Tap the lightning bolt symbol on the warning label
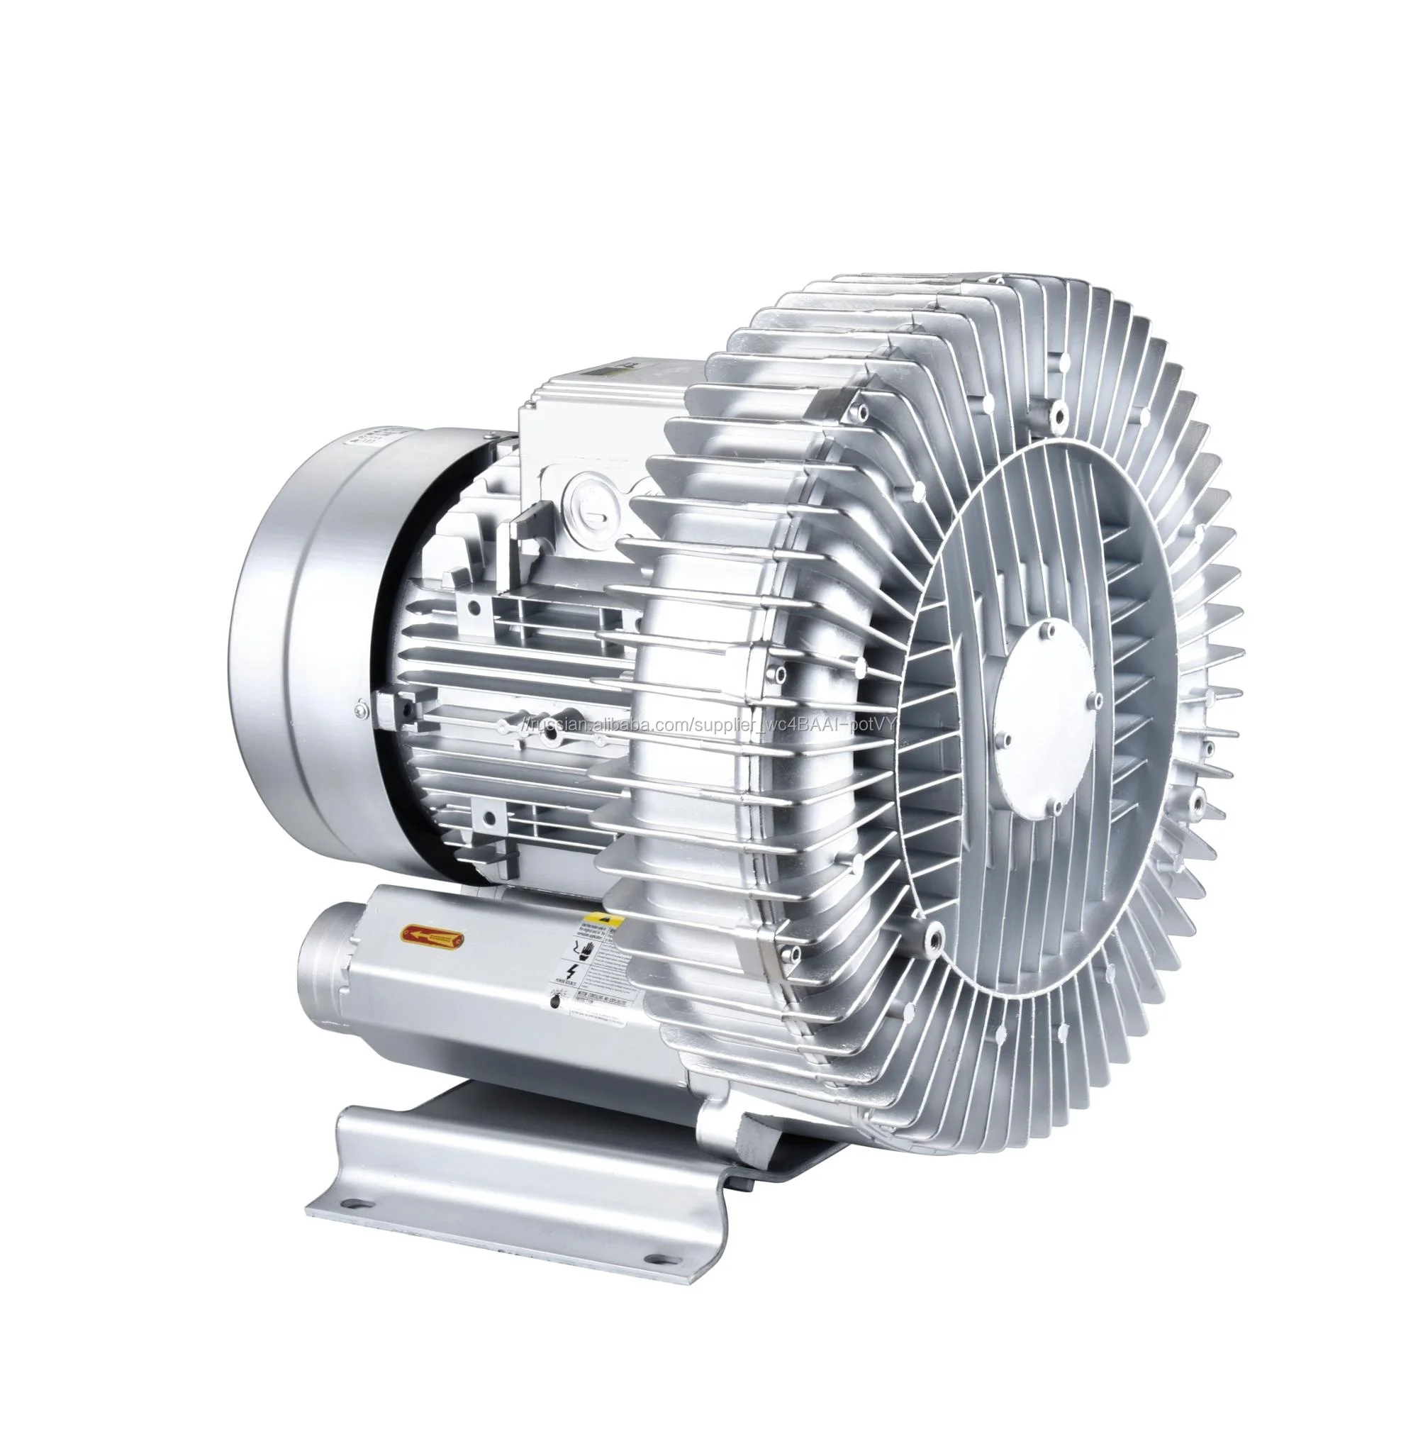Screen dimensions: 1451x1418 click(571, 972)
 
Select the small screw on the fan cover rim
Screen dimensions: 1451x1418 click(361, 708)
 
